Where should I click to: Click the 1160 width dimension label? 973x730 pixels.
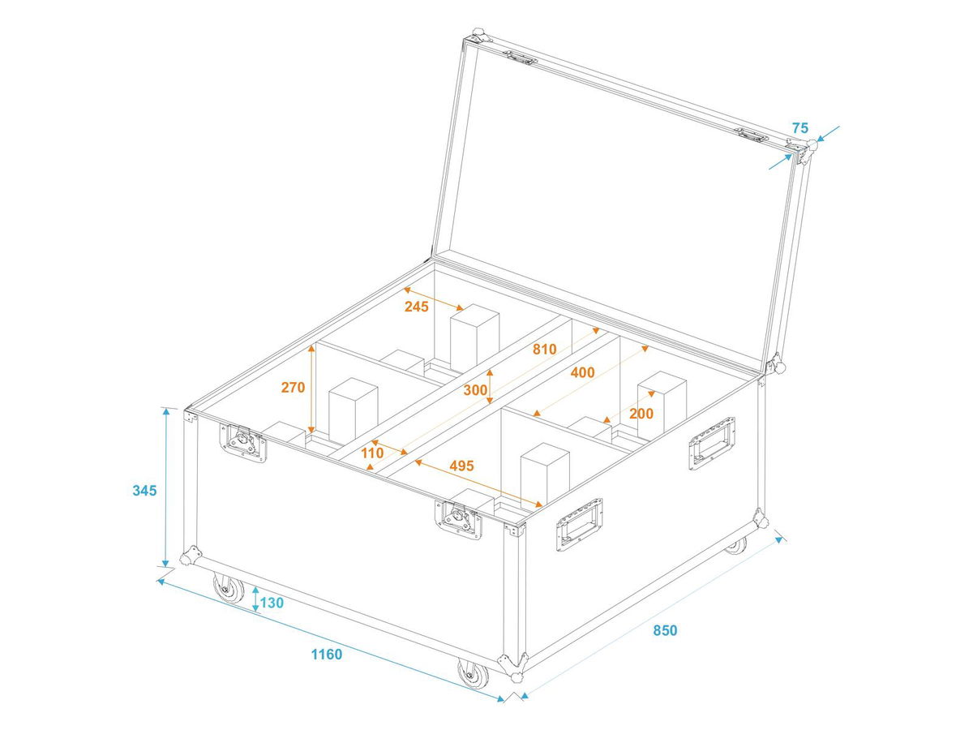[x=326, y=655]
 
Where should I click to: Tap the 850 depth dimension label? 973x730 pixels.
[x=665, y=630]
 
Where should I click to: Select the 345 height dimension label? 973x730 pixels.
[x=144, y=491]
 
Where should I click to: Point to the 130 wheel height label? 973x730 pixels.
[x=272, y=603]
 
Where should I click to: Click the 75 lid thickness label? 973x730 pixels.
[x=800, y=128]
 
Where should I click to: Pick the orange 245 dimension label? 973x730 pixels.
[x=416, y=307]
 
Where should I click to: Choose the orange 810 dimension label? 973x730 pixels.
[x=544, y=350]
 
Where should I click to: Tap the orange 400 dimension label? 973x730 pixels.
[x=582, y=372]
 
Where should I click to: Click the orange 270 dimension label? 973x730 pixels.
[x=293, y=388]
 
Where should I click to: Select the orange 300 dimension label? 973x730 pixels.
[x=475, y=390]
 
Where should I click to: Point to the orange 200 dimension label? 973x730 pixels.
[x=641, y=414]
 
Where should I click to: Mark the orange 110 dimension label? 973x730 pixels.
[x=372, y=453]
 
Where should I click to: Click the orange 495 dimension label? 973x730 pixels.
[x=461, y=466]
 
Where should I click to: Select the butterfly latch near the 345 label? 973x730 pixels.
[x=243, y=443]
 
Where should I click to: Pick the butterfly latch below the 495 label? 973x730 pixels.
[x=458, y=519]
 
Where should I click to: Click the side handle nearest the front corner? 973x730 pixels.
[x=580, y=524]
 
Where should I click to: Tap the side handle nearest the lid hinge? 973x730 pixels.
[x=711, y=443]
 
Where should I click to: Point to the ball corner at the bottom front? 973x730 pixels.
[x=513, y=668]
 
